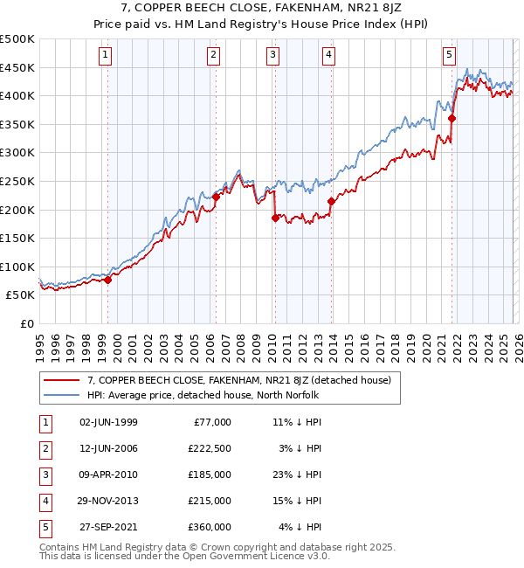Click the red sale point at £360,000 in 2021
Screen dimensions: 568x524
(452, 119)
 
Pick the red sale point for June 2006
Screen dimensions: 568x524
(216, 197)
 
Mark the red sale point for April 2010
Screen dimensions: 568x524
(275, 218)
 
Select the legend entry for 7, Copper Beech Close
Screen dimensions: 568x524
(238, 380)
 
